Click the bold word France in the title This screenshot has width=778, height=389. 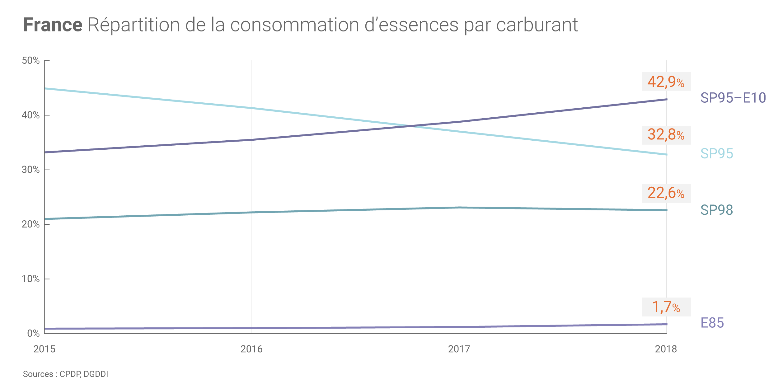click(53, 25)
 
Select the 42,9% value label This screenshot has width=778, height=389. click(666, 82)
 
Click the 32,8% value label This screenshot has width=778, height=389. click(666, 135)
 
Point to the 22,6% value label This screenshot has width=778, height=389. click(666, 193)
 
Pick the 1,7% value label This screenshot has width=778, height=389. click(666, 307)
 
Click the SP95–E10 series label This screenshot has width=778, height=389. click(733, 98)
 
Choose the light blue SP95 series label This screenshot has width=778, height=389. click(716, 154)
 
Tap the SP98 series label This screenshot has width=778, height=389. click(716, 210)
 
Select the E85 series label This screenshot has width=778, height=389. click(712, 323)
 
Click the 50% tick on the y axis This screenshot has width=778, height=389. click(31, 61)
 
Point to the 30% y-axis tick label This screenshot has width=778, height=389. click(31, 170)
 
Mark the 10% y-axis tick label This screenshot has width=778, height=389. click(31, 279)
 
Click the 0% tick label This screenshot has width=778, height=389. click(33, 334)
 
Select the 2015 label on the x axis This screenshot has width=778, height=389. click(44, 349)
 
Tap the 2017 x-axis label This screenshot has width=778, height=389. click(459, 349)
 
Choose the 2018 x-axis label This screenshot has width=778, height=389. click(666, 349)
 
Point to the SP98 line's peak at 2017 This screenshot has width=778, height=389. click(459, 207)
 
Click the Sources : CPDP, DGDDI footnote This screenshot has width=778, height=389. click(65, 374)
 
